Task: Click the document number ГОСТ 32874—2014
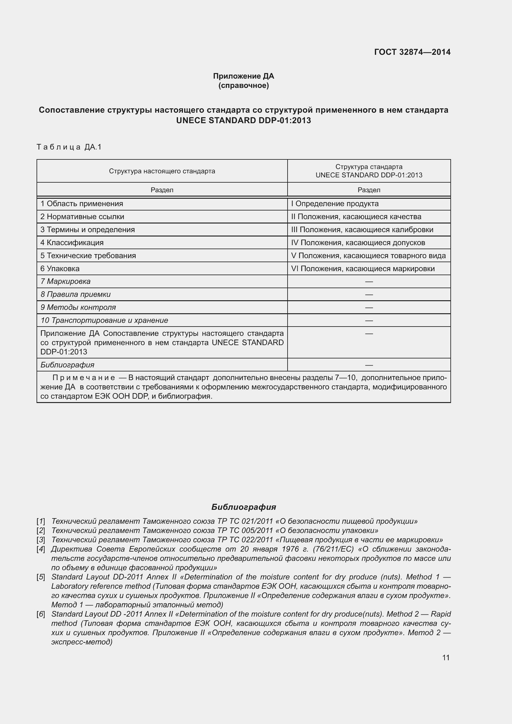coord(412,52)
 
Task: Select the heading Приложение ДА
coord(243,76)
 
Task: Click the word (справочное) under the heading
coord(243,85)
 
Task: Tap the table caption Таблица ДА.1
coord(69,147)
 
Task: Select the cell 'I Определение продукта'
coord(335,204)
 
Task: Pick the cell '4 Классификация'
coord(72,242)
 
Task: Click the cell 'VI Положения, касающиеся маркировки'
coord(362,269)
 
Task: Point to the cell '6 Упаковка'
coord(60,269)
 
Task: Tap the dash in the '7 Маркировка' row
coord(369,281)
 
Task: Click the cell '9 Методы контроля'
coord(78,307)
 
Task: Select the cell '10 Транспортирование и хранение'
coord(104,320)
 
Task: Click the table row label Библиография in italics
coord(67,365)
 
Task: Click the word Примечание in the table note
coord(84,378)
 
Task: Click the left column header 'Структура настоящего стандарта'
coord(162,171)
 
